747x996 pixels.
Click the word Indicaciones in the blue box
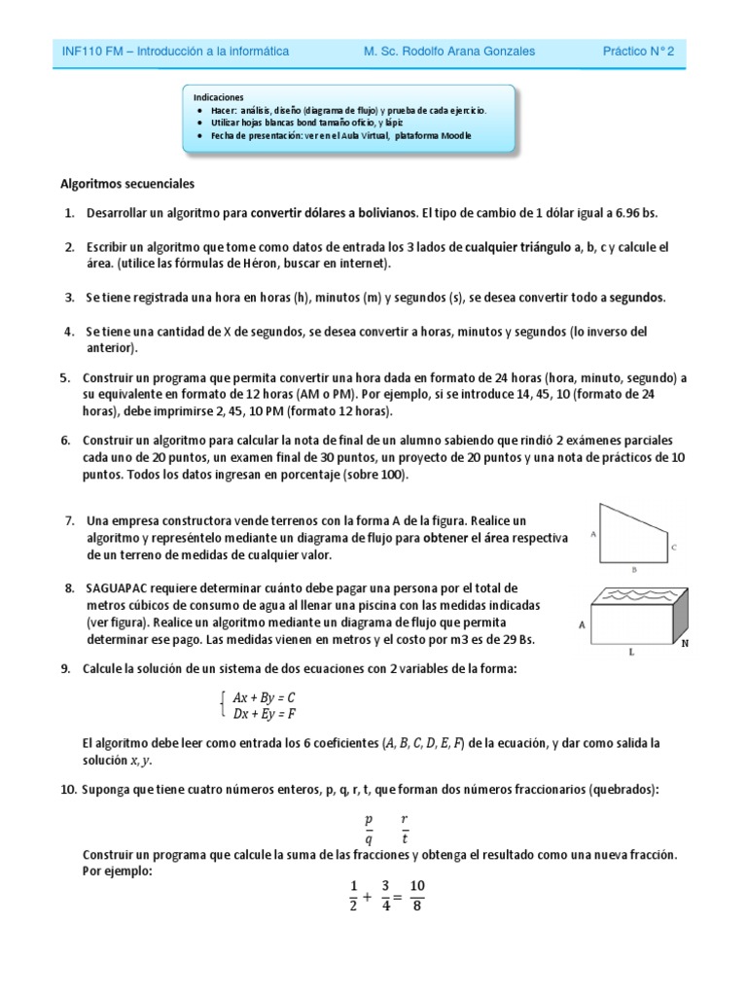[x=218, y=97]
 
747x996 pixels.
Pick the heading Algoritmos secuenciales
[x=127, y=183]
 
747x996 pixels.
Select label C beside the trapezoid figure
[x=673, y=548]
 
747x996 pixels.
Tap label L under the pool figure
[x=630, y=654]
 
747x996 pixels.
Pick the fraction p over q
[x=368, y=828]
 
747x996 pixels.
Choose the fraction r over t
[x=405, y=828]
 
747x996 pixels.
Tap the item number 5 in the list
[x=64, y=378]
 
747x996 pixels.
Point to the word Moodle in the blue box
[x=454, y=135]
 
